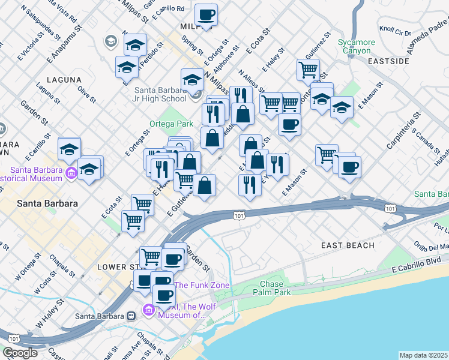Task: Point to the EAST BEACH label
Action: click(348, 245)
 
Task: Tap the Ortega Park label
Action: click(172, 124)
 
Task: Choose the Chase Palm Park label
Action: click(276, 288)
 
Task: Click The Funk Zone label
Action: click(202, 285)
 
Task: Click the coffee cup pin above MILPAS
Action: click(206, 14)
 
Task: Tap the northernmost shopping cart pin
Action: click(308, 69)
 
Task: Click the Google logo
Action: click(20, 353)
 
